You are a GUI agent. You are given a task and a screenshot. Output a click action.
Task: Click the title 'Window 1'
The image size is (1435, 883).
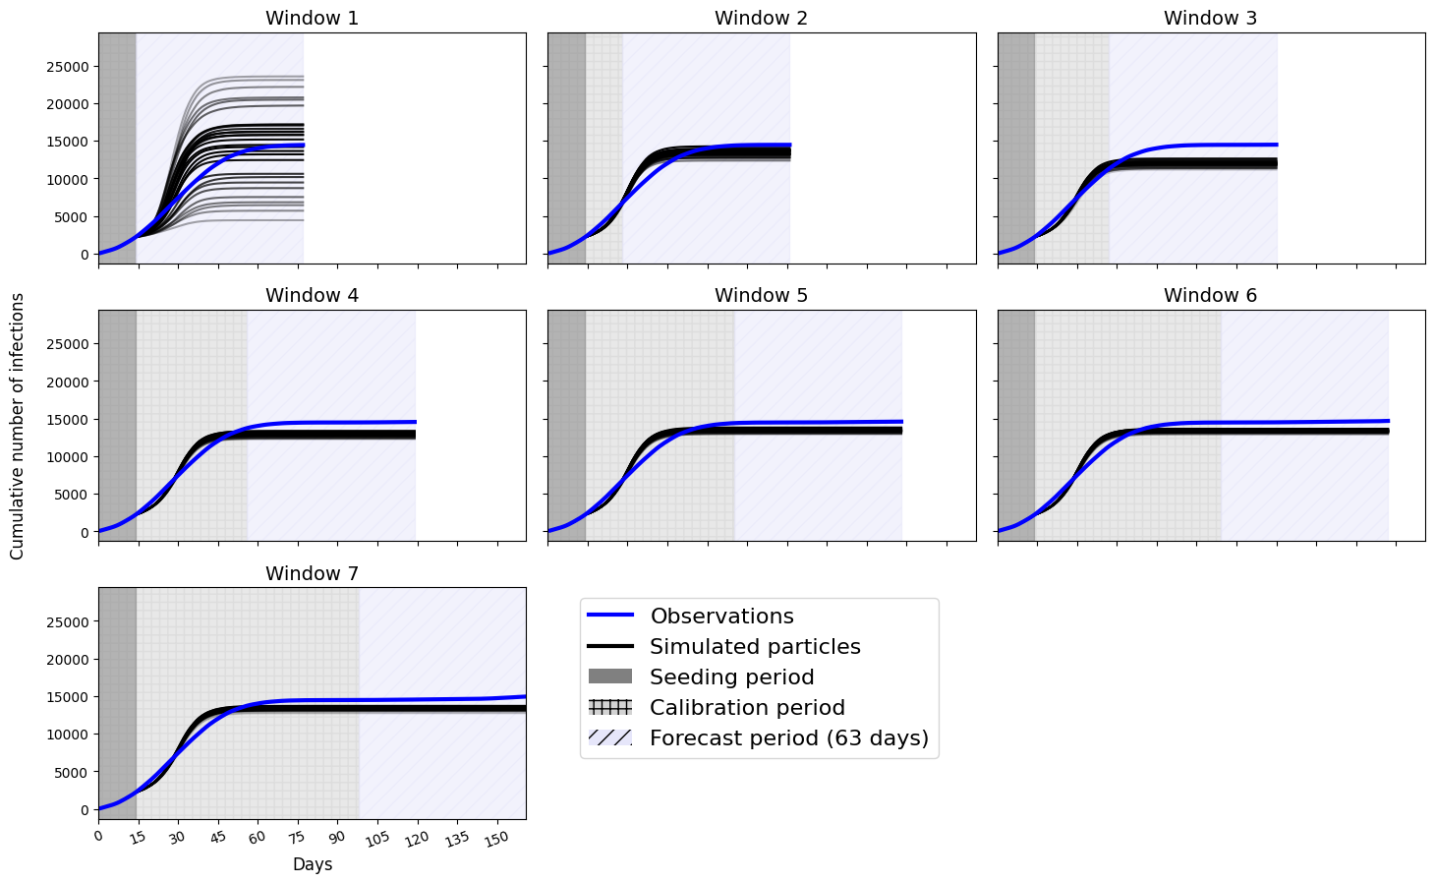(312, 18)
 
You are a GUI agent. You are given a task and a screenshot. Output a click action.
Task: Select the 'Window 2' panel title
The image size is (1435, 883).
(761, 18)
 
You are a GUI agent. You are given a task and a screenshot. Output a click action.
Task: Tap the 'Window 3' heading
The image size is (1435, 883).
(1210, 18)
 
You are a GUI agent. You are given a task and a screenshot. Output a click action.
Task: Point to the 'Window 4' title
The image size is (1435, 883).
(312, 295)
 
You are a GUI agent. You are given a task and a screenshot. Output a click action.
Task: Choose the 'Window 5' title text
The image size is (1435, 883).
(761, 295)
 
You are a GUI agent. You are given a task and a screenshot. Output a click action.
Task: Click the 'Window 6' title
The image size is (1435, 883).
(1210, 295)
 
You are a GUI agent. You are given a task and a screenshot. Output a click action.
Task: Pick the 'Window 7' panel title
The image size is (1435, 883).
(312, 573)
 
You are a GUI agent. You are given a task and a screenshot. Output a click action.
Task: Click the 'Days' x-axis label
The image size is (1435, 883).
(312, 864)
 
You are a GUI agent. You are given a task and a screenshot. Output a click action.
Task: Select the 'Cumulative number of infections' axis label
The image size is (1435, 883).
(17, 426)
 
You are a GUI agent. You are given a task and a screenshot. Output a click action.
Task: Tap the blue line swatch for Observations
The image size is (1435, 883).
(609, 617)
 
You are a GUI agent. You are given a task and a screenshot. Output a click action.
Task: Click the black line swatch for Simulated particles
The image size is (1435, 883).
(609, 647)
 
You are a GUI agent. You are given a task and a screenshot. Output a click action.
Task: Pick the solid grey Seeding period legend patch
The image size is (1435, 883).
(609, 677)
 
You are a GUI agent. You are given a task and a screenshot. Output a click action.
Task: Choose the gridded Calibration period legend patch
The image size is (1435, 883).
(609, 708)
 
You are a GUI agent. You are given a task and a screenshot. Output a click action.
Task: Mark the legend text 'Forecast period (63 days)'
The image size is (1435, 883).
(788, 738)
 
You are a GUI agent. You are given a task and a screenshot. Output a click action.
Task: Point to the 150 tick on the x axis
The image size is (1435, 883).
(495, 838)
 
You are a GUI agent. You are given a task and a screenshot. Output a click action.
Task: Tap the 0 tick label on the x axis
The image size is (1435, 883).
(97, 836)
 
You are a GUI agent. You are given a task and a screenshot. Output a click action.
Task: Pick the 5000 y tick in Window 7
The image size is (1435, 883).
(71, 773)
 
